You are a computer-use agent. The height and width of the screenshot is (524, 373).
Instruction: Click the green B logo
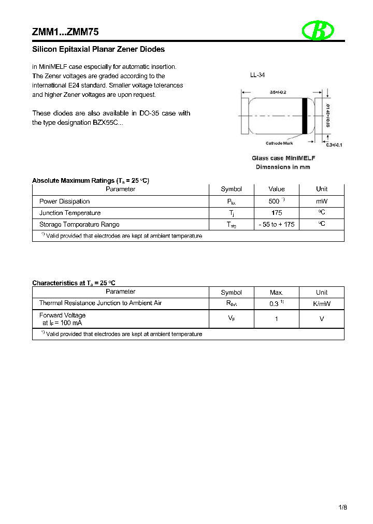pos(317,31)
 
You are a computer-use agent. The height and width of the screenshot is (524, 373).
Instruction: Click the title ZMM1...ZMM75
pos(66,32)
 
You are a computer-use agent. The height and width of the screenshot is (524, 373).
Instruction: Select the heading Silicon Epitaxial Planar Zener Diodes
pos(98,50)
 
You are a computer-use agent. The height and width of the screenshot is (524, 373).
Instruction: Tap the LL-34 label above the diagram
pos(257,75)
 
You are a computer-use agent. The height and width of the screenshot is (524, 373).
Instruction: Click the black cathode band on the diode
pos(305,116)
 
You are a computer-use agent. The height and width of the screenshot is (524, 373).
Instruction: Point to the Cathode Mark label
pos(279,143)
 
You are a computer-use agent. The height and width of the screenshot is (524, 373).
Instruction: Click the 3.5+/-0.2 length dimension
pos(279,92)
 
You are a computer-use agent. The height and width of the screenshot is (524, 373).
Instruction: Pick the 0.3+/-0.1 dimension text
pos(334,145)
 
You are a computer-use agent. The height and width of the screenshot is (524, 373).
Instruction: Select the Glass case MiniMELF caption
pos(283,158)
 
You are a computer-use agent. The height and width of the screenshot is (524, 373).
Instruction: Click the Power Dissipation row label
pos(65,201)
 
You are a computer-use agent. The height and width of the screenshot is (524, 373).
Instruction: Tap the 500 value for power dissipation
pos(275,201)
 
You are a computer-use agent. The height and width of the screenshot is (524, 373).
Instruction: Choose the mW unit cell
pos(322,201)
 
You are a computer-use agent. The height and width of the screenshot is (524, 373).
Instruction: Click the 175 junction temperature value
pos(277,213)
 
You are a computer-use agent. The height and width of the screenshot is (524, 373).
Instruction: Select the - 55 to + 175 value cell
pos(277,224)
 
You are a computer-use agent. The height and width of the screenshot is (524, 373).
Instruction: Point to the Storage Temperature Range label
pos(79,224)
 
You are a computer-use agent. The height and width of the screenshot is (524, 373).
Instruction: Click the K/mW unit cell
pos(322,303)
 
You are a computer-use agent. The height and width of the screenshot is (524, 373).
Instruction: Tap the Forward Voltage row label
pos(63,315)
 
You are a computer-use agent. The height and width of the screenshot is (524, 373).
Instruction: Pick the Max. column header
pos(277,293)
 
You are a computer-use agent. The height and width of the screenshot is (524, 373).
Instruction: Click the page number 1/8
pos(342,507)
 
